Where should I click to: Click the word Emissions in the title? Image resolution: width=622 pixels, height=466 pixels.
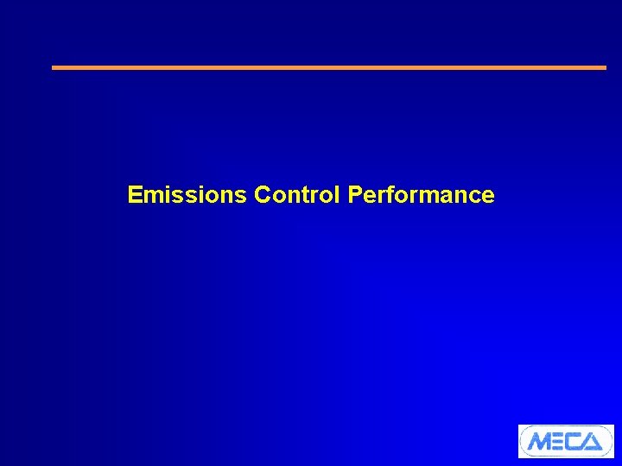coord(187,195)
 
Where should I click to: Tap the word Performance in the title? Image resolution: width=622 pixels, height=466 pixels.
coord(422,195)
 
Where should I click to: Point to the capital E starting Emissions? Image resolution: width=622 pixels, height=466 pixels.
coord(134,195)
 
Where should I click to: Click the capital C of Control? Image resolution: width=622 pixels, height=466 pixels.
coord(263,195)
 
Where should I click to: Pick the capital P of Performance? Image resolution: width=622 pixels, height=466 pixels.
coord(354,195)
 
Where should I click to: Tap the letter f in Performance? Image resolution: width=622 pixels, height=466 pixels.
coord(393,195)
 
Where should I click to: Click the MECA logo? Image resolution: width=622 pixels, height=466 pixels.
coord(566,441)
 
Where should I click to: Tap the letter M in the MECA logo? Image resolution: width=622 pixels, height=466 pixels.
coord(539,442)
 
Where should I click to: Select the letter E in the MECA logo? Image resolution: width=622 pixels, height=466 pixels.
coord(560,442)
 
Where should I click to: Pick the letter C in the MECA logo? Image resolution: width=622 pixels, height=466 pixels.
coord(576,442)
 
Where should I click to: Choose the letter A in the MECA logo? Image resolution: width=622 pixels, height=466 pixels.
coord(594,442)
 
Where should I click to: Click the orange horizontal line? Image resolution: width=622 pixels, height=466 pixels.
coord(329,67)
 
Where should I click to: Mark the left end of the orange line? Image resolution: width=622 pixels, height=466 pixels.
coord(54,67)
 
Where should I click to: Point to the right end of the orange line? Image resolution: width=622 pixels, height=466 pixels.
coord(605,67)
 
